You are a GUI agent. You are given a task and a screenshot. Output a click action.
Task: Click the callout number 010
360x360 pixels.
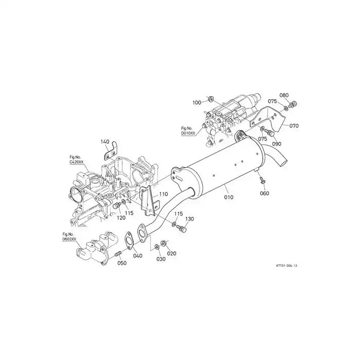228,196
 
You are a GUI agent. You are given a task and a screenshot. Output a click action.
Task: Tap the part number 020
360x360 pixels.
171,253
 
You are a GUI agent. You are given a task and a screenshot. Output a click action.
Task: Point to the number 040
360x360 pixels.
138,256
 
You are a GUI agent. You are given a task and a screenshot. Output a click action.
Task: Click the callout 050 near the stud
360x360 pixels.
122,263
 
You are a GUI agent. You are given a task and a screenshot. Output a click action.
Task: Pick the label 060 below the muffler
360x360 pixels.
264,193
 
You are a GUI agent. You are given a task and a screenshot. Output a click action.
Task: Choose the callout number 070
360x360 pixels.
294,125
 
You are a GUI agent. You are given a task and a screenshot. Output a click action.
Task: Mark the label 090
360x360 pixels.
277,144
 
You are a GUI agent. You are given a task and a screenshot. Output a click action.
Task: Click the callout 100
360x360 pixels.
197,103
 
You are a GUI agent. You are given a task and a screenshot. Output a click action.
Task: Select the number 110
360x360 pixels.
163,194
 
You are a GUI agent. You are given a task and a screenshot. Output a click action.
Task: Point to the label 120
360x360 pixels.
120,218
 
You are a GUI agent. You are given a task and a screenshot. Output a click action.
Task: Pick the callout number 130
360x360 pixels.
189,219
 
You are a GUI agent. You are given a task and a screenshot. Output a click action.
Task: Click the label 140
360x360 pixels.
105,141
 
